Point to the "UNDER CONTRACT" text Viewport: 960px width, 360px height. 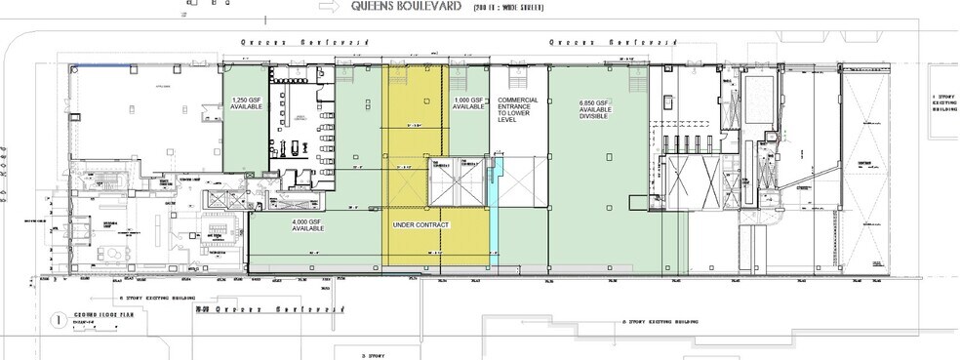pyautogui.click(x=420, y=225)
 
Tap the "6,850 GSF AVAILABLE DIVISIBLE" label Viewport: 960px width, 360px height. pyautogui.click(x=598, y=114)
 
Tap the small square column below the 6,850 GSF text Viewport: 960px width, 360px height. pyautogui.click(x=608, y=156)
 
